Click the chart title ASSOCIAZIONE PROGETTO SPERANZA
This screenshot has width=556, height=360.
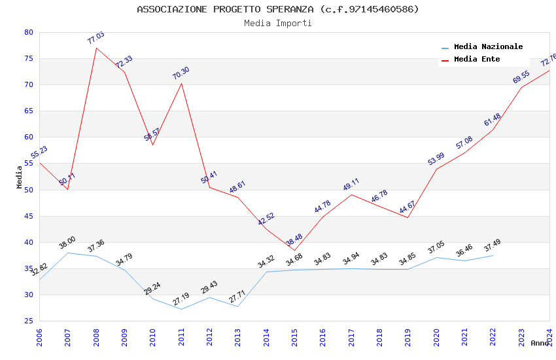(278, 9)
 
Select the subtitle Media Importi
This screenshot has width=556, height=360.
(278, 24)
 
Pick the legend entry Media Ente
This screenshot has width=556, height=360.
(477, 60)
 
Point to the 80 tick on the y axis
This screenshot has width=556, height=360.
(28, 32)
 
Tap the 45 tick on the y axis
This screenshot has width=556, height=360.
(28, 216)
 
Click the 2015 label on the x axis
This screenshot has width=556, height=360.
(294, 338)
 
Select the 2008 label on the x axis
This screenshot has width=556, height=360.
(96, 338)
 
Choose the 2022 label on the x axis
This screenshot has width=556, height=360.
(493, 338)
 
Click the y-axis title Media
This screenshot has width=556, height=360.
(20, 177)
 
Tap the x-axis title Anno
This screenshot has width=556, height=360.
(540, 343)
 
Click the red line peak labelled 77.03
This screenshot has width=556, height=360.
(96, 48)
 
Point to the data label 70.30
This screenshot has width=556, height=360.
(181, 73)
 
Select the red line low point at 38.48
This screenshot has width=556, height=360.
(294, 250)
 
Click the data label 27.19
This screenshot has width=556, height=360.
(181, 299)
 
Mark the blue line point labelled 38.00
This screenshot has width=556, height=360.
(68, 253)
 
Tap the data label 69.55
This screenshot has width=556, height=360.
(521, 77)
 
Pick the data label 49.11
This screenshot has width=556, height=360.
(351, 185)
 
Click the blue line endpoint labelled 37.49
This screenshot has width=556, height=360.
(493, 255)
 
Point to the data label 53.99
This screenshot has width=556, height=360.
(436, 159)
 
